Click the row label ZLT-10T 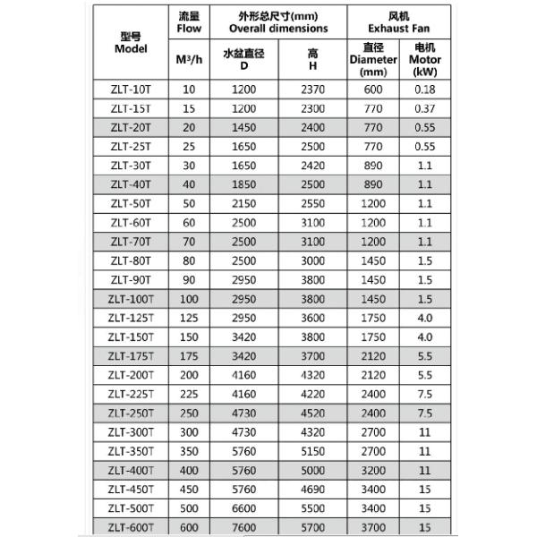coord(131,89)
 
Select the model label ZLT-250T coord(131,413)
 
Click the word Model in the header coord(131,49)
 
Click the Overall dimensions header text coord(278,28)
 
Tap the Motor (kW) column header coord(425,59)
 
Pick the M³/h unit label coord(188,59)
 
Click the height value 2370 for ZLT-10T coord(312,89)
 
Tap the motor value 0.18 coord(425,89)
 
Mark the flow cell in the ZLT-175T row coord(188,355)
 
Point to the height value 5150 coord(312,452)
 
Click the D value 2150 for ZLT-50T coord(243,204)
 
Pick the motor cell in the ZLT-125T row coord(425,317)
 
